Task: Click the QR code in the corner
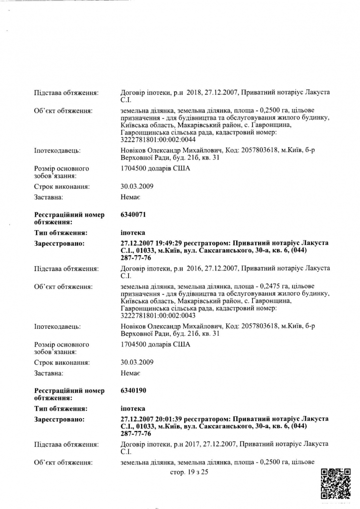click(336, 484)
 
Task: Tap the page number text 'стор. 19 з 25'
click(189, 472)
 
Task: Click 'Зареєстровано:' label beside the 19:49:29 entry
click(59, 243)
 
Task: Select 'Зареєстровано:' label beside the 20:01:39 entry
click(59, 419)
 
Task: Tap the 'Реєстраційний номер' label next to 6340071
click(69, 215)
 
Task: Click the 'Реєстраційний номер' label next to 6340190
click(69, 391)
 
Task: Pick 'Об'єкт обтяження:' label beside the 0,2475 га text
click(64, 286)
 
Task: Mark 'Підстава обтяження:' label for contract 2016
click(66, 268)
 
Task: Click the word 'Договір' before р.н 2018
click(133, 92)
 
